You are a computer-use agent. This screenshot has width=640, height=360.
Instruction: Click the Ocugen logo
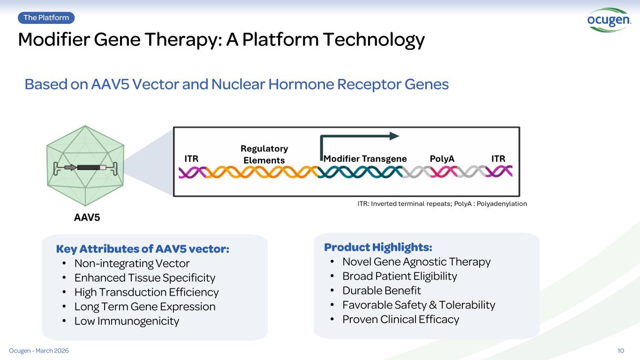tap(609, 20)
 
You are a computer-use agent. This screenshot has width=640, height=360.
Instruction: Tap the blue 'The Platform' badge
tap(46, 18)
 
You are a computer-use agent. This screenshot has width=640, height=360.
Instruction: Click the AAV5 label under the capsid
tap(87, 217)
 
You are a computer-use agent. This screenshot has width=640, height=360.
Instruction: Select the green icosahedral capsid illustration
tap(85, 166)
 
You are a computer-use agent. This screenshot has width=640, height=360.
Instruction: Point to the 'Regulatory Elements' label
tap(264, 154)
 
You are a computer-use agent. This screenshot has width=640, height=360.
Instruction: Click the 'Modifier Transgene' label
tap(365, 158)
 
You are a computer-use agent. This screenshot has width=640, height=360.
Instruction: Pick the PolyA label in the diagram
tap(442, 158)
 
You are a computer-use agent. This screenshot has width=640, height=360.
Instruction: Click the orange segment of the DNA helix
tap(262, 172)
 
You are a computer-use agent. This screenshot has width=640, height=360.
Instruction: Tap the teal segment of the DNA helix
tap(360, 172)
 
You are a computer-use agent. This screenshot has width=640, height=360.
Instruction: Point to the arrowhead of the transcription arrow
tap(395, 136)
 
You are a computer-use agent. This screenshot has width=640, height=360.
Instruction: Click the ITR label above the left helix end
tap(191, 158)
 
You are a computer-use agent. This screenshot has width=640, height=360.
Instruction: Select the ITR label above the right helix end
tap(498, 158)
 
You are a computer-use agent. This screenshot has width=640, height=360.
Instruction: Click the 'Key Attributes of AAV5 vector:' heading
tap(143, 249)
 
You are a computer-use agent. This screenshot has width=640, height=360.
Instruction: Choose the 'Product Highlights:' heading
tap(378, 247)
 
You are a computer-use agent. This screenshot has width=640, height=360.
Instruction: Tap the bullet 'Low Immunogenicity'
tap(127, 321)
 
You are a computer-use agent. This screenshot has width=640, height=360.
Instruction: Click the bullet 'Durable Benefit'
tap(382, 291)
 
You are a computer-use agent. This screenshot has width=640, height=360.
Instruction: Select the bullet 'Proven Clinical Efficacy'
tap(400, 319)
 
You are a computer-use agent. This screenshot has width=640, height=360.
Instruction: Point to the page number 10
tap(621, 351)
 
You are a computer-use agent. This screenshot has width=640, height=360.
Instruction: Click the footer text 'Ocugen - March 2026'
tap(39, 351)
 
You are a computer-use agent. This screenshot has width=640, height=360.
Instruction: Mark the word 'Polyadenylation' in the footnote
tap(502, 204)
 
